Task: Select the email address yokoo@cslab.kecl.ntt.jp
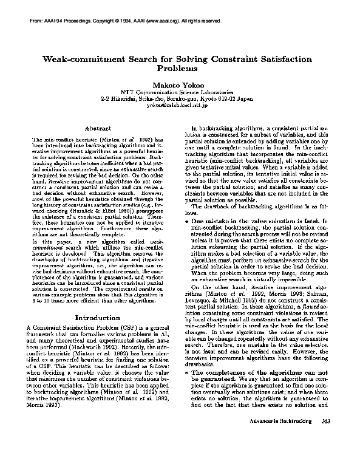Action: (180, 104)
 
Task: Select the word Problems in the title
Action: (180, 69)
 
